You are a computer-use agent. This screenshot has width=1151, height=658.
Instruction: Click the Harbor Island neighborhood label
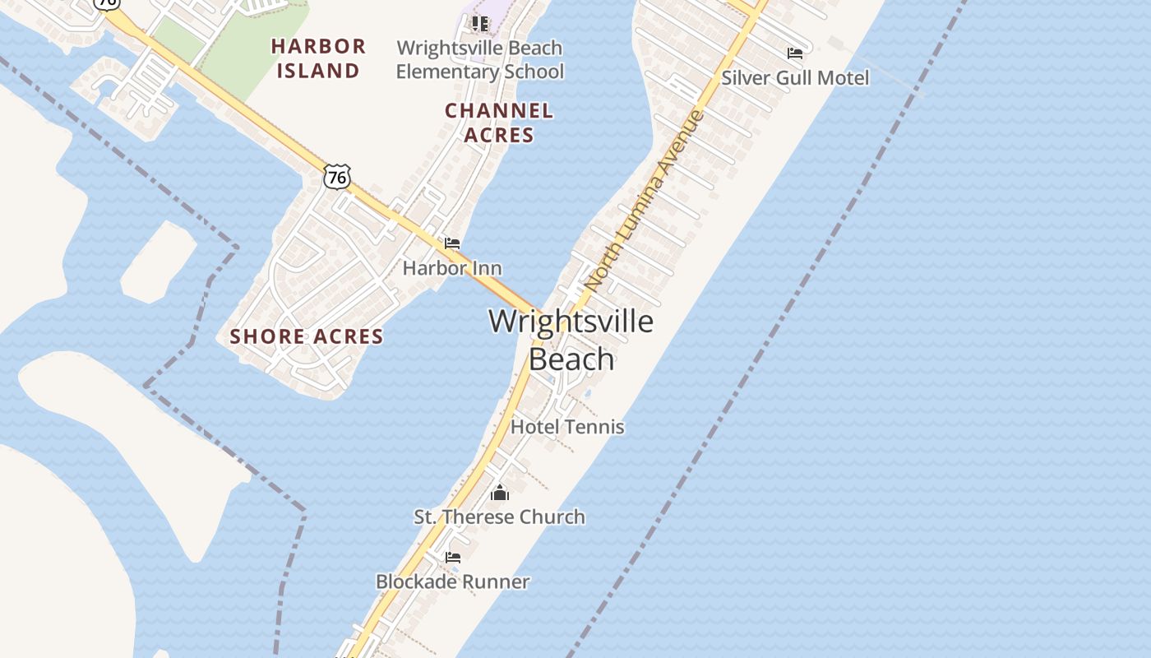(x=318, y=58)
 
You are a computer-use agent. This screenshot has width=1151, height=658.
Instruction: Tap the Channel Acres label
(x=499, y=122)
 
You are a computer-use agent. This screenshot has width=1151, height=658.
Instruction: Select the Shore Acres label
(x=307, y=336)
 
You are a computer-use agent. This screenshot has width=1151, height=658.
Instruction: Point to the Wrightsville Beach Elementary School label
(x=480, y=59)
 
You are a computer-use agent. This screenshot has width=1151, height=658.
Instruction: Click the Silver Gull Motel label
(x=795, y=77)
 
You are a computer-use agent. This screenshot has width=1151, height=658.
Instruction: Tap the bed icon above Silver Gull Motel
(x=794, y=53)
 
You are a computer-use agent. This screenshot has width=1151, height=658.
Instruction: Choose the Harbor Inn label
(x=451, y=267)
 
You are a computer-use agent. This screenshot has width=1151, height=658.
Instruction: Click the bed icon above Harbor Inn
(x=451, y=243)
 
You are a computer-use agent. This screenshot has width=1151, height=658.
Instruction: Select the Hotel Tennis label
(x=567, y=426)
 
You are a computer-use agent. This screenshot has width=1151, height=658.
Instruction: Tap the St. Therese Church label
(x=499, y=517)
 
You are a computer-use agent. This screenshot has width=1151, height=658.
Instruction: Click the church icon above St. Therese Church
(x=499, y=493)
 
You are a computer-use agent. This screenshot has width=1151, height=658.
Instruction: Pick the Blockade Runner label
(x=452, y=582)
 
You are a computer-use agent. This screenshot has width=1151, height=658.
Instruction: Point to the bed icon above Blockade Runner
(x=452, y=558)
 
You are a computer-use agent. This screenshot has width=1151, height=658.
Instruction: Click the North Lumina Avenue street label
(x=645, y=199)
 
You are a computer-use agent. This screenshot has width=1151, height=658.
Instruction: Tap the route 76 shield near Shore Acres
(x=337, y=176)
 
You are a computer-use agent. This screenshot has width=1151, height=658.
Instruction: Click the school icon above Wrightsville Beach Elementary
(x=479, y=23)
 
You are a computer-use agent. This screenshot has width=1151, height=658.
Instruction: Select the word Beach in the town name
(x=571, y=359)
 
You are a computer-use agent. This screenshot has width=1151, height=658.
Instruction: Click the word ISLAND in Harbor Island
(x=318, y=70)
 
